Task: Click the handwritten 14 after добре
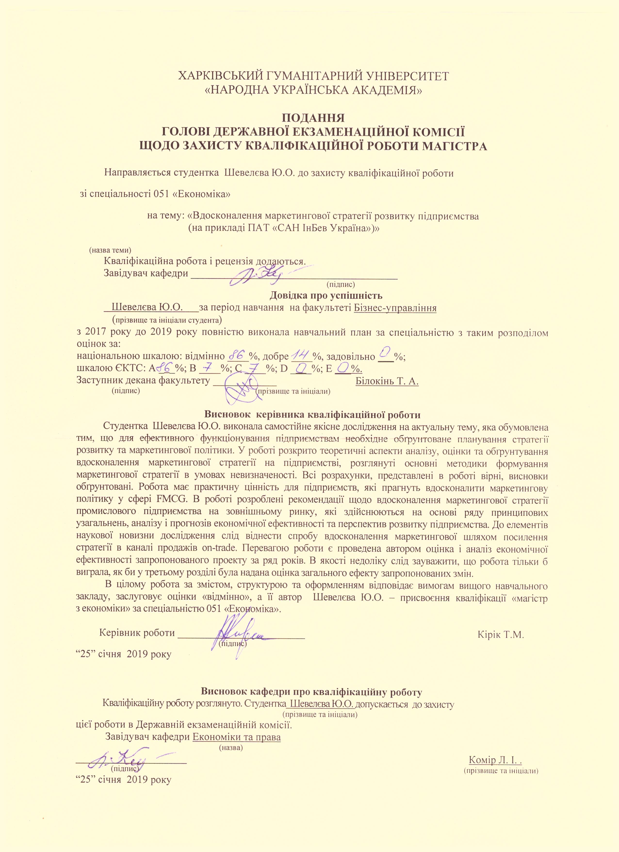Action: tap(299, 354)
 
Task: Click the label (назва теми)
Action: tap(110, 250)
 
